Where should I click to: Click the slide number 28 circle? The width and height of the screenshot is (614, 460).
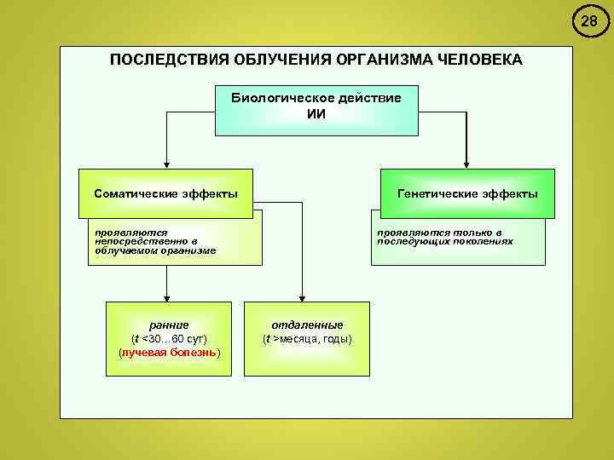[589, 22]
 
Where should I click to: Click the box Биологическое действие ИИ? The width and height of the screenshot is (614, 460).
[316, 110]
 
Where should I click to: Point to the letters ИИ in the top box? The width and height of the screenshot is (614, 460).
[316, 114]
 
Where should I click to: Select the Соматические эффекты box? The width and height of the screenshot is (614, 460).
[165, 193]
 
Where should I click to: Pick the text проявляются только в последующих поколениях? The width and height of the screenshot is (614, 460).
[445, 236]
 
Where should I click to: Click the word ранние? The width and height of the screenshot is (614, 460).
[168, 325]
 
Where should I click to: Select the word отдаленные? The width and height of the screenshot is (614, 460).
[307, 325]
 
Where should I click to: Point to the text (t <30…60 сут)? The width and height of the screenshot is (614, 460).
[169, 338]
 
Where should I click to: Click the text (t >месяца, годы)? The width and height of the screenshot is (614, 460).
[307, 338]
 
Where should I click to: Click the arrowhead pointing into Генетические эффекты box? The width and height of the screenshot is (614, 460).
[466, 164]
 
